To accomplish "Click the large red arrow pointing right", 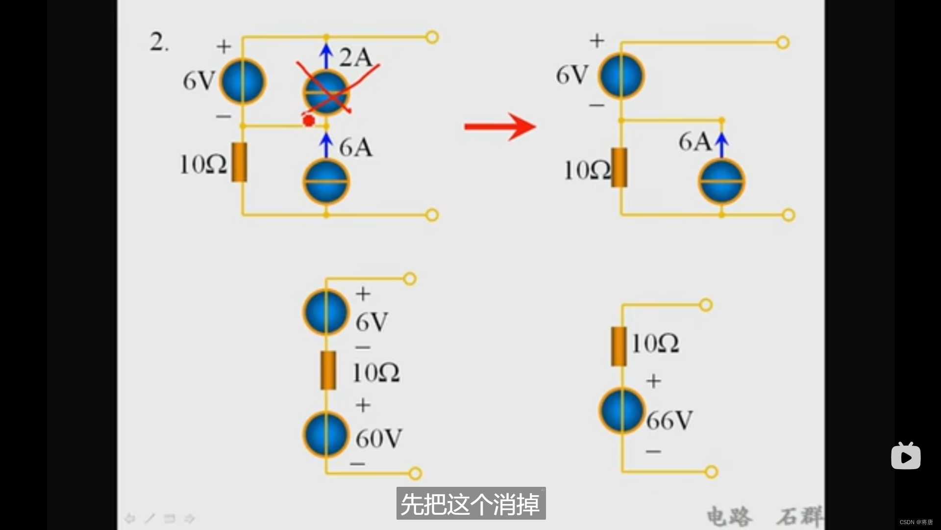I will point(500,127).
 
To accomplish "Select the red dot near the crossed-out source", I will point(309,120).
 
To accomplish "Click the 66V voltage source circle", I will point(621,411).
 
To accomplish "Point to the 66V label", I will point(669,421).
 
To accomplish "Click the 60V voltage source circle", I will point(326,435).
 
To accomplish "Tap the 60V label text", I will point(379,438).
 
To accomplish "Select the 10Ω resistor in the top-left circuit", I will point(239,162).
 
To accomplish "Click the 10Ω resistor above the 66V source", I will point(619,346).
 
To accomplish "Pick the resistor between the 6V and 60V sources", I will point(328,371).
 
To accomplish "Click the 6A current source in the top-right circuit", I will point(721,182).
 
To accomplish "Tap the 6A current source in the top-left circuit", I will point(326,182).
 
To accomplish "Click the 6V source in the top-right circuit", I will point(621,76).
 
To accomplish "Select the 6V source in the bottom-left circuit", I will point(326,312).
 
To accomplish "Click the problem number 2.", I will point(158,42).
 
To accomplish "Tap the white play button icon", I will point(906,457).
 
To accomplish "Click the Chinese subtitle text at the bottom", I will point(470,504).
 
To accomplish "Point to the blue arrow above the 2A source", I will point(326,55).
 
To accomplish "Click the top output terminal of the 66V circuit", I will point(706,305).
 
